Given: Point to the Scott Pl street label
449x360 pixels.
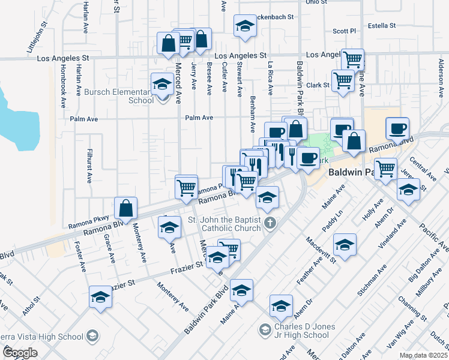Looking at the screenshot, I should point(344,31).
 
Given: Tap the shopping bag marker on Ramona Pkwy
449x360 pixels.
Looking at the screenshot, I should point(125,209).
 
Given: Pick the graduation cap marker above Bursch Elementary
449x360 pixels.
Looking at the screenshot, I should point(161,85).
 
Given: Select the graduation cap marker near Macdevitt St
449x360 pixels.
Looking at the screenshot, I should point(345,244).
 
